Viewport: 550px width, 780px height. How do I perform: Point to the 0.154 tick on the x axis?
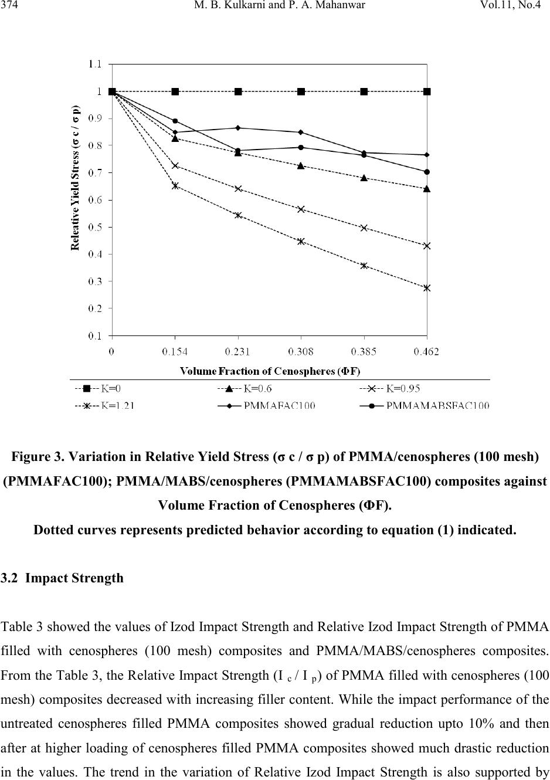pos(175,352)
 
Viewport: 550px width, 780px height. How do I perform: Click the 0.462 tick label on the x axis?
pos(427,352)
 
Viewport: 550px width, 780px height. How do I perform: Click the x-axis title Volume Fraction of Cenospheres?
pos(270,371)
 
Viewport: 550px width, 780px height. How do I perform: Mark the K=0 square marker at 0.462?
pos(427,91)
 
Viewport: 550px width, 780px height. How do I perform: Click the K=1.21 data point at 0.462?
pos(427,288)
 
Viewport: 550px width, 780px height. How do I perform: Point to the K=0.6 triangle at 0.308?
pos(301,166)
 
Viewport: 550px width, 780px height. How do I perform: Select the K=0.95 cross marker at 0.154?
pos(175,166)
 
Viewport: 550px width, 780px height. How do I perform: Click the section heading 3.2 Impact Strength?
pos(63,578)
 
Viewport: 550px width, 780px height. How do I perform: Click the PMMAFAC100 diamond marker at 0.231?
pos(238,128)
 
